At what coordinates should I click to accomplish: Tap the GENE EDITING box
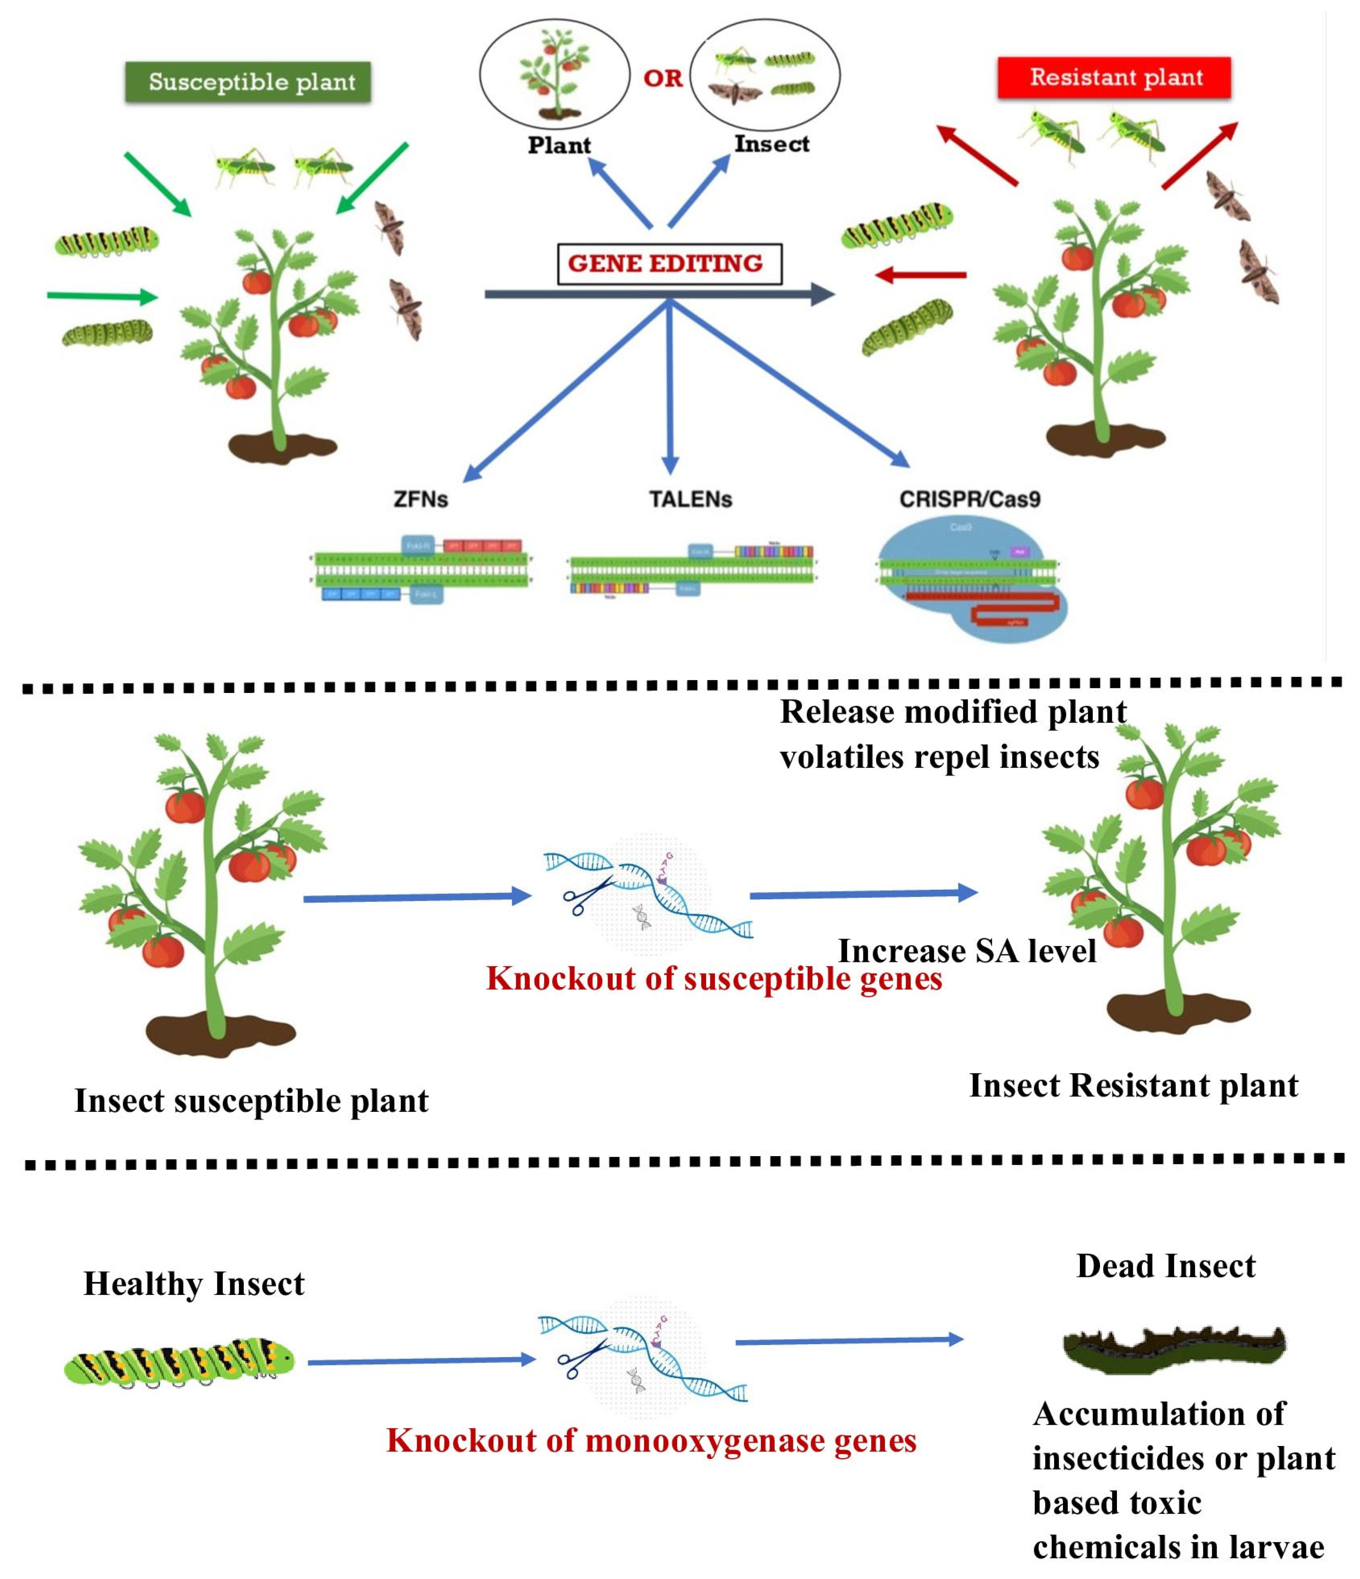point(669,264)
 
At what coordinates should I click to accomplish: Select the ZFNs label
point(421,499)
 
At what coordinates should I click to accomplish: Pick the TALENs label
point(690,499)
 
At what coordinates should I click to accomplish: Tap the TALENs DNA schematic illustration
point(690,570)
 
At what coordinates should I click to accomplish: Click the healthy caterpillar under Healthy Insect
point(179,1361)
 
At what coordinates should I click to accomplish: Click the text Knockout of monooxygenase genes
point(652,1441)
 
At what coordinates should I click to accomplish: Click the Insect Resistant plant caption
point(1133,1085)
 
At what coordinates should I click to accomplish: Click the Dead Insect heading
point(1165,1266)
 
